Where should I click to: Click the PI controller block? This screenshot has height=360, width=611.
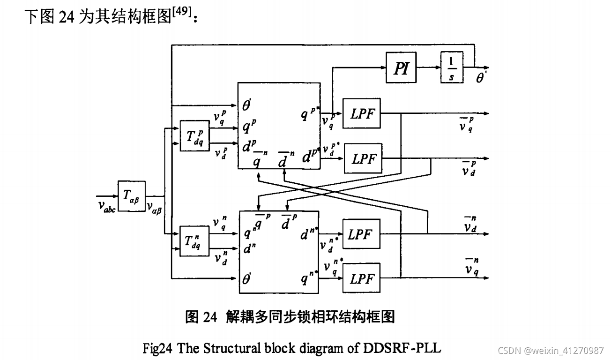[x=402, y=67]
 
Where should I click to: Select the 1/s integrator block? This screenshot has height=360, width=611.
[x=451, y=67]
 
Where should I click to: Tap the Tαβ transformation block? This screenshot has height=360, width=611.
[x=132, y=196]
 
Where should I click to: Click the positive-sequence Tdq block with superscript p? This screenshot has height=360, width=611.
[x=195, y=135]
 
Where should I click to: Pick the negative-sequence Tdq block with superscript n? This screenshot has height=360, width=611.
[x=195, y=240]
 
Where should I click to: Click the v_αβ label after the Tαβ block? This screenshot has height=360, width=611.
[x=154, y=207]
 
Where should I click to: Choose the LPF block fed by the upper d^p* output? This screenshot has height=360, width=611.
[x=363, y=158]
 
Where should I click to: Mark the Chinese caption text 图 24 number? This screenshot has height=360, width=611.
[x=201, y=317]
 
